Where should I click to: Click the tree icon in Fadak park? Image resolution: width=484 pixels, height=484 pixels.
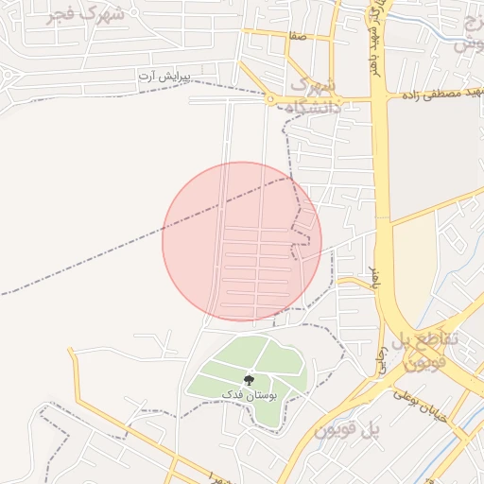pyautogui.click(x=249, y=380)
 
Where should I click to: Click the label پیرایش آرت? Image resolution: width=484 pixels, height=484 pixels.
pyautogui.click(x=171, y=74)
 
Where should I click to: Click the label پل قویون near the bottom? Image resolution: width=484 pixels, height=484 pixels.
pyautogui.click(x=347, y=430)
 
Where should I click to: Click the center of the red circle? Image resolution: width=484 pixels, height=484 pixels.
pyautogui.click(x=242, y=241)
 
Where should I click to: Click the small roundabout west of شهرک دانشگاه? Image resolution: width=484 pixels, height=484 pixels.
pyautogui.click(x=270, y=98)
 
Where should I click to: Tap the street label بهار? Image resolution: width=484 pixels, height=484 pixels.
pyautogui.click(x=373, y=277)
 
